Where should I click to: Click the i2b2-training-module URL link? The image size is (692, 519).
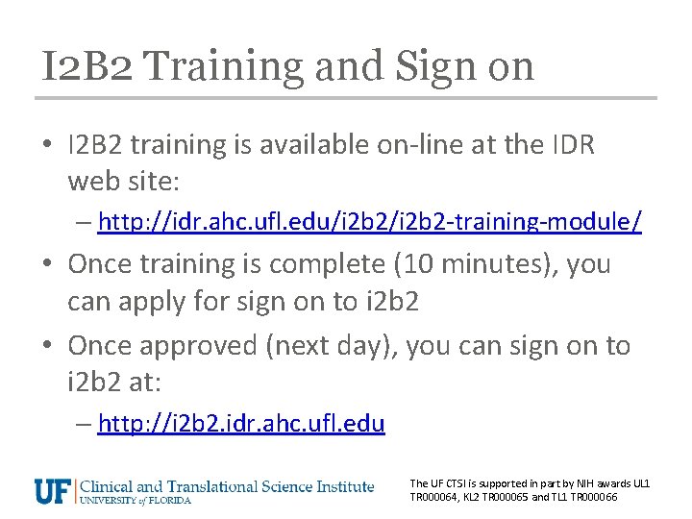coord(370,222)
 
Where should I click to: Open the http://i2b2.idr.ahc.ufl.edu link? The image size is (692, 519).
coord(241,423)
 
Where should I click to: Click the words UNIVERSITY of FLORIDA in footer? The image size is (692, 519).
coord(136,501)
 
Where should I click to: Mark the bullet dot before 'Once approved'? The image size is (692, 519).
coord(49,346)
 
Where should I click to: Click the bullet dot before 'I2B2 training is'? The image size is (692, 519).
coord(49,146)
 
